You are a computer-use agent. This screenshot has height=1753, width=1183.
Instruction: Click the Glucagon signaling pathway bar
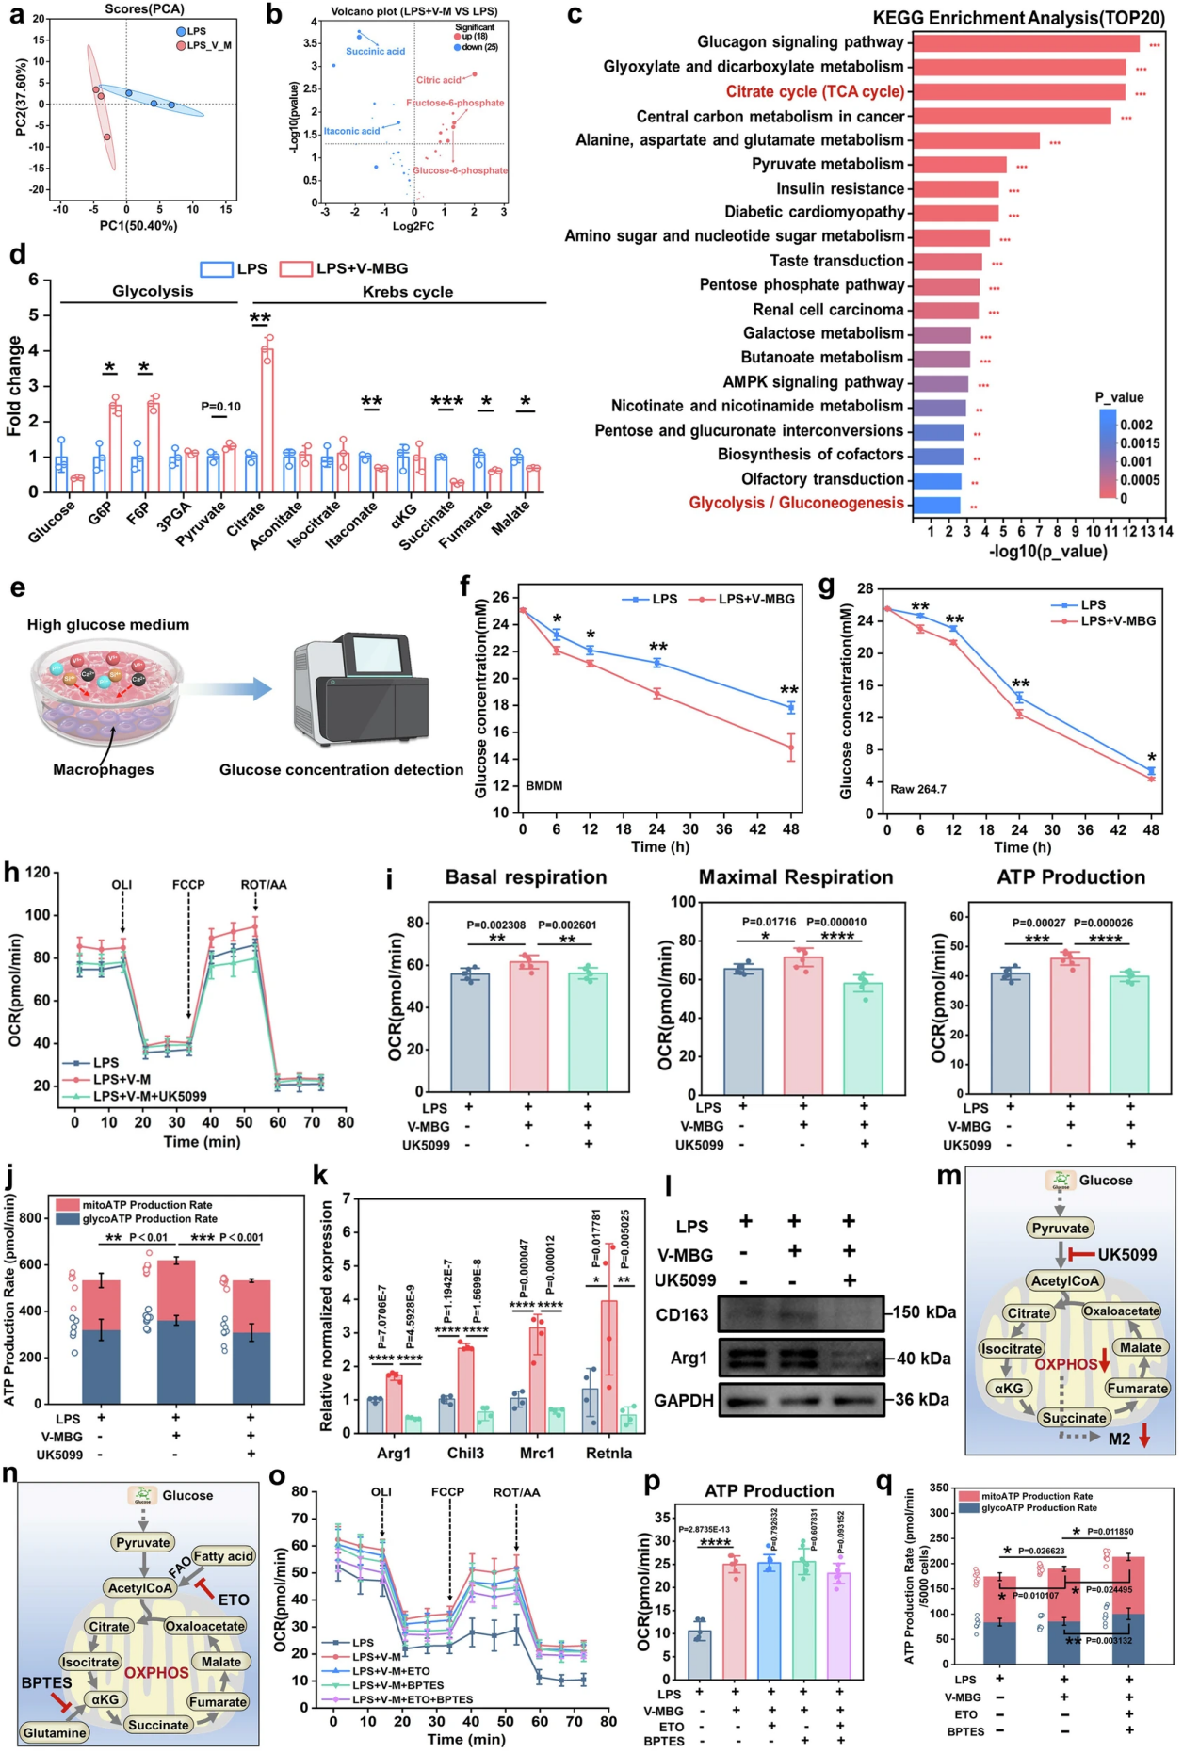point(1026,43)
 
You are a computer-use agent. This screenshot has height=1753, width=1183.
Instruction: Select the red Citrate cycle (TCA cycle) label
point(815,91)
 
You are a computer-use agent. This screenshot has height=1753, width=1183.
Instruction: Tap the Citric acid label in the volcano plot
point(439,80)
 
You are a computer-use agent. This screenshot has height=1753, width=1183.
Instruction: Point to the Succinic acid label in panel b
point(375,51)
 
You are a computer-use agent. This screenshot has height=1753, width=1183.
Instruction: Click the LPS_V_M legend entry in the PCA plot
point(208,45)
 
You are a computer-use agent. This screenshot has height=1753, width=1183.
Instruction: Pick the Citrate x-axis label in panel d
point(246,519)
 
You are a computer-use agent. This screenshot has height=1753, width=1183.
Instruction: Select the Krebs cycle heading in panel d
point(407,292)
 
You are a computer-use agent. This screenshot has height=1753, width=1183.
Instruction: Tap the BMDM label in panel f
point(544,785)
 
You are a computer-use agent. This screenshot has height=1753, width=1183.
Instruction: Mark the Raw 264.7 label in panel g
point(918,789)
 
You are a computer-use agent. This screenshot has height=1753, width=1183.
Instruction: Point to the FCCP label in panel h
point(188,885)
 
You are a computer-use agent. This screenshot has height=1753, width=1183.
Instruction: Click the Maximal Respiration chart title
point(796,877)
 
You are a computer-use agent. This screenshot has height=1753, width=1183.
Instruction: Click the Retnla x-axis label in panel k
point(608,1453)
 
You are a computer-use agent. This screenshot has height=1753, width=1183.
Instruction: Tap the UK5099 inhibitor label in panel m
point(1126,1255)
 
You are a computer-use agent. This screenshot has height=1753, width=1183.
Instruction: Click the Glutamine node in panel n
point(55,1732)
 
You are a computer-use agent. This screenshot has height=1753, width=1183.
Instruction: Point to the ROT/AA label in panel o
point(516,1492)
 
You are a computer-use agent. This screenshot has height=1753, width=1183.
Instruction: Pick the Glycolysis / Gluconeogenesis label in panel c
point(796,503)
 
